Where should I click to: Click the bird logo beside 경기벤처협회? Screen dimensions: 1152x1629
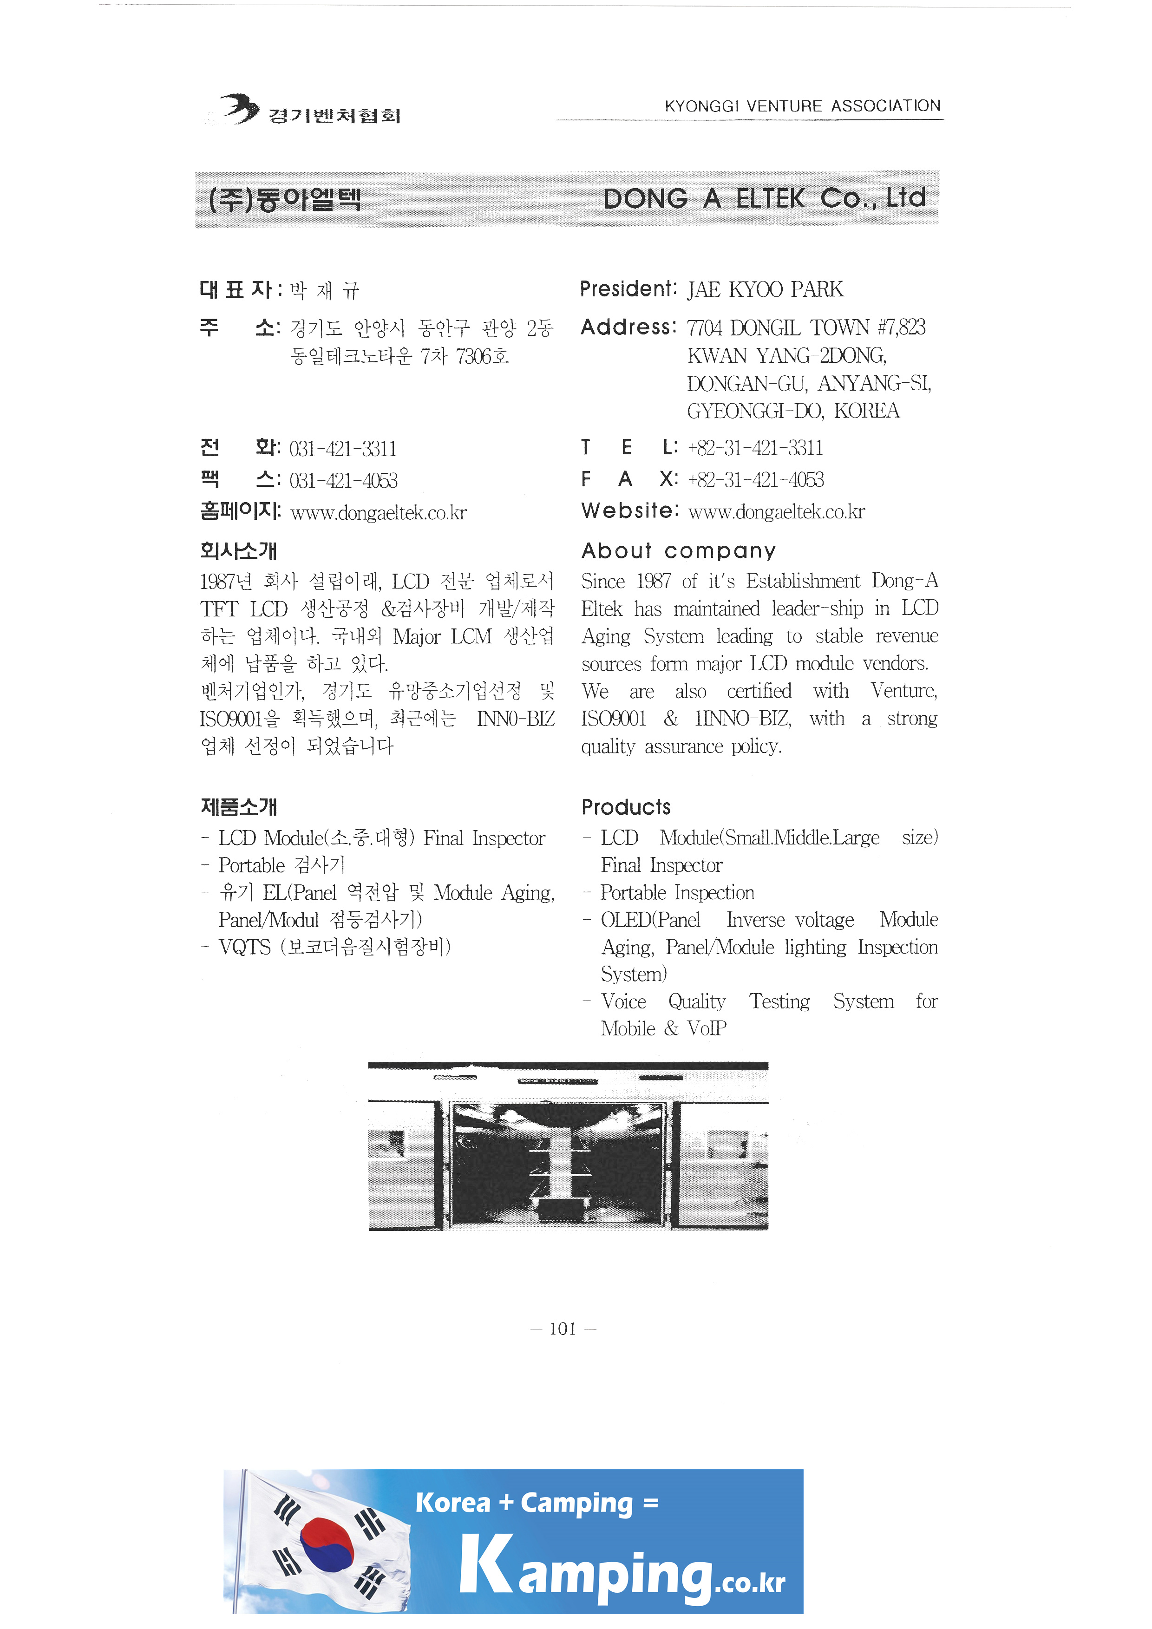239,109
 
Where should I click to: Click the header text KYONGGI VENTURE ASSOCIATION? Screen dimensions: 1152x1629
802,106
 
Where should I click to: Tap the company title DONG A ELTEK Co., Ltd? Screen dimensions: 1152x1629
764,199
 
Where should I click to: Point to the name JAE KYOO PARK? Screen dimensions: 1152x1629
765,289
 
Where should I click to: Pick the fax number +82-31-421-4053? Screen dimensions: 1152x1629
755,480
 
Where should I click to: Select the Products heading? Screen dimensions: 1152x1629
626,807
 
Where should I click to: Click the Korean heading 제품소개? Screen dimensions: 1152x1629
238,807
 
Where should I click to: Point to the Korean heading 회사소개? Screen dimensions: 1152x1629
238,550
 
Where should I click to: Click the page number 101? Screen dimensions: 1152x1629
563,1329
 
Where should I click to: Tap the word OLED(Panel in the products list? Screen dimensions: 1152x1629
650,920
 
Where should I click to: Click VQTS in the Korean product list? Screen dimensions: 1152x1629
245,947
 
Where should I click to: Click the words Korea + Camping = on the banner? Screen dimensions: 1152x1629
536,1503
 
